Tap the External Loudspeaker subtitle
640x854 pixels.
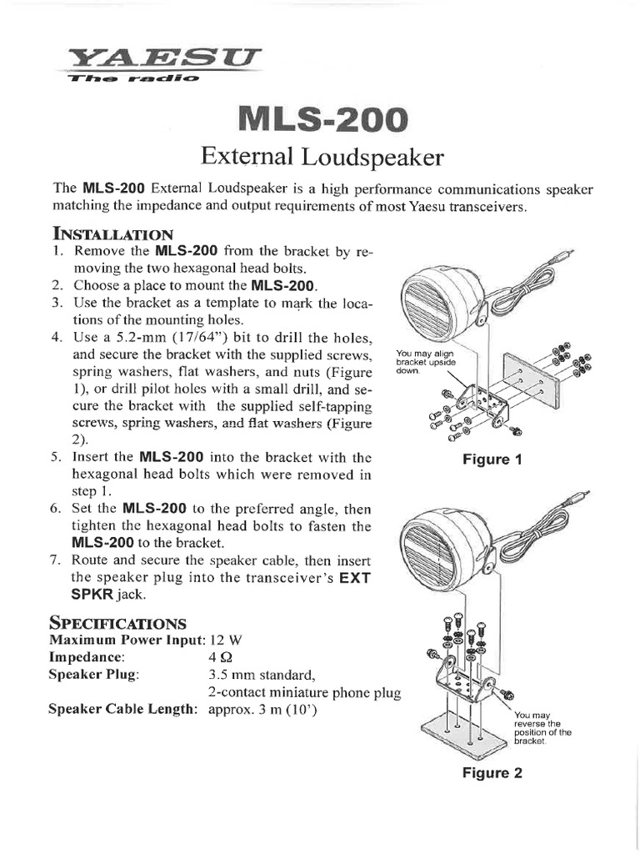pyautogui.click(x=320, y=157)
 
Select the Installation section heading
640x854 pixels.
pyautogui.click(x=113, y=233)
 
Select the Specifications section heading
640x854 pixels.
pyautogui.click(x=117, y=623)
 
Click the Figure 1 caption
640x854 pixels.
pyautogui.click(x=492, y=460)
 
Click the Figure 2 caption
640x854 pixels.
pyautogui.click(x=492, y=773)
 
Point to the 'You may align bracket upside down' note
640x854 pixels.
pyautogui.click(x=425, y=363)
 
